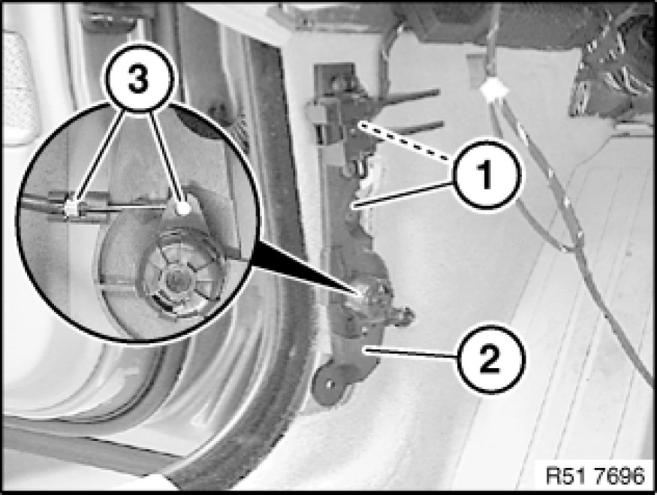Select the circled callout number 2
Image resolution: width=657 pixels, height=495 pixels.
pyautogui.click(x=490, y=358)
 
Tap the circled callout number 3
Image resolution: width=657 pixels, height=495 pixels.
pyautogui.click(x=139, y=78)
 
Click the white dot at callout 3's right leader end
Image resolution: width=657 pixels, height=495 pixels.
pyautogui.click(x=183, y=208)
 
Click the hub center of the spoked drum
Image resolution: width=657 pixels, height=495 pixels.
pyautogui.click(x=175, y=276)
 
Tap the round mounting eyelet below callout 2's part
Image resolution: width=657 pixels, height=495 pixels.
pyautogui.click(x=330, y=384)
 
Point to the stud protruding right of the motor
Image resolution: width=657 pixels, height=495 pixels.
pyautogui.click(x=405, y=315)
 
